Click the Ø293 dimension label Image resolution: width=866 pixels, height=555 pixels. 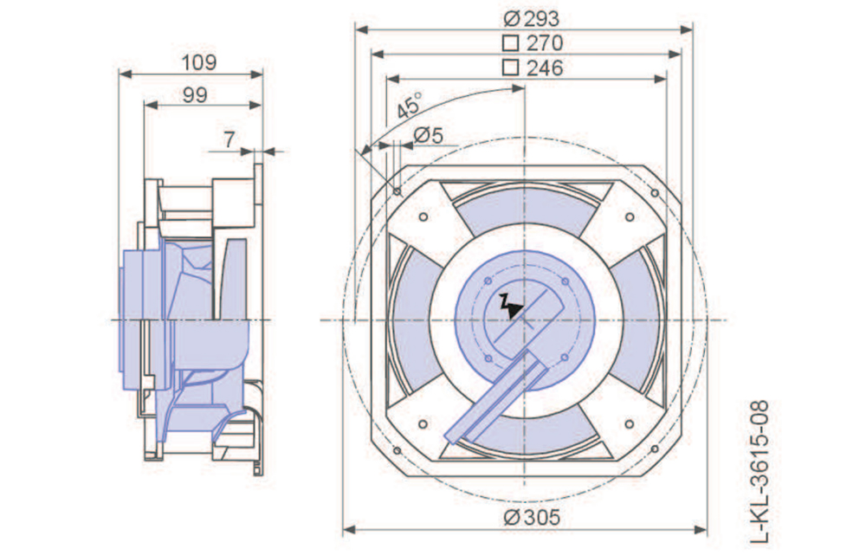[x=532, y=19]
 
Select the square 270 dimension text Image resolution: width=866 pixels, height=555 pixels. [x=533, y=43]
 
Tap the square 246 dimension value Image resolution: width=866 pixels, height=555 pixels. [x=533, y=68]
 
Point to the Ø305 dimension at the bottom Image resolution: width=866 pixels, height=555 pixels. [x=532, y=518]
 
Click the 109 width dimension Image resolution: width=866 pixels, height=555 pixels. [x=199, y=62]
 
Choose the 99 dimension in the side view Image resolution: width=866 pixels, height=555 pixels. [x=195, y=95]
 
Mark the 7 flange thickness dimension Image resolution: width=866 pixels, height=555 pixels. [x=229, y=139]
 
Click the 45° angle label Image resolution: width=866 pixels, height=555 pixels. [x=410, y=105]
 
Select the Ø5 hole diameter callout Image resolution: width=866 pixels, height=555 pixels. [x=429, y=135]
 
